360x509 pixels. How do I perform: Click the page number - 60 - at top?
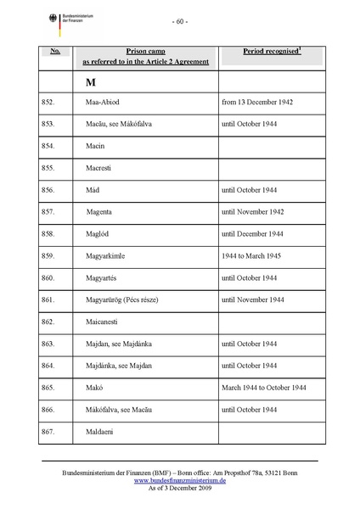pyautogui.click(x=180, y=21)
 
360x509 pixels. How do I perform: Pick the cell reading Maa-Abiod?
pyautogui.click(x=104, y=103)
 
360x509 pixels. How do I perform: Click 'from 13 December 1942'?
pyautogui.click(x=256, y=103)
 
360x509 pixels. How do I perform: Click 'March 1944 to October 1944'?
pyautogui.click(x=263, y=389)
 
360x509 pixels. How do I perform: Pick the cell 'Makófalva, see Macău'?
pyautogui.click(x=122, y=411)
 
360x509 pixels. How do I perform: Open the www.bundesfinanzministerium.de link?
pyautogui.click(x=179, y=479)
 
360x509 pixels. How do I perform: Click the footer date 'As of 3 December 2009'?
pyautogui.click(x=179, y=488)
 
